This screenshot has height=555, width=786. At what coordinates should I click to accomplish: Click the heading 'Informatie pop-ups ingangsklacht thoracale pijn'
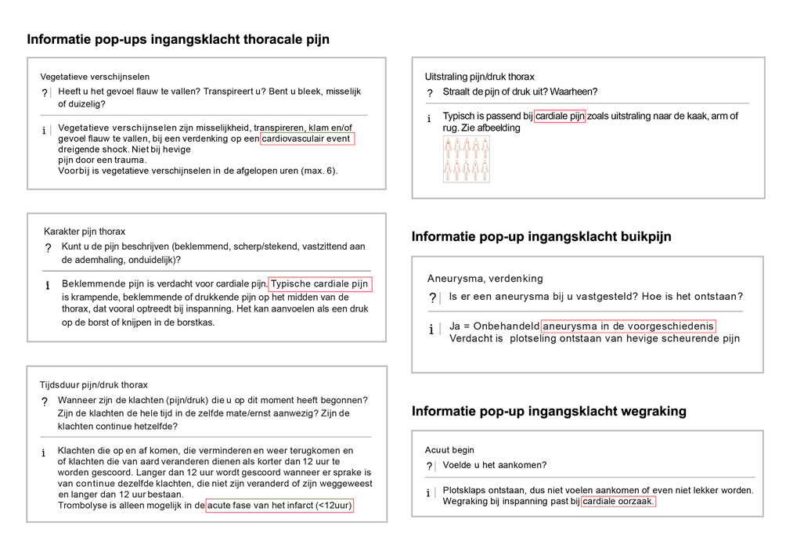tap(178, 39)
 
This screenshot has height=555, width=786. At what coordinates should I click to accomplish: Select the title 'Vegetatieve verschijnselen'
tap(95, 77)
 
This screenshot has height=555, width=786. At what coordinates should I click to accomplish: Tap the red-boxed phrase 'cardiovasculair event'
tap(307, 139)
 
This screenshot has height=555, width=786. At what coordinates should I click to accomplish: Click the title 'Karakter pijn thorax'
tap(85, 231)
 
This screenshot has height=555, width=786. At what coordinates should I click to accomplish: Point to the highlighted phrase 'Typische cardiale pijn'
tap(319, 283)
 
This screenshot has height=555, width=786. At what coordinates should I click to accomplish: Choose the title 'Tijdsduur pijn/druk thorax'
tap(94, 384)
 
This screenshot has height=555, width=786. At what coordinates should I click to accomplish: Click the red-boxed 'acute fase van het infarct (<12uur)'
tap(279, 506)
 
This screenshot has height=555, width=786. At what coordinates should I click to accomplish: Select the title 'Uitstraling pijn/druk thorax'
tap(480, 77)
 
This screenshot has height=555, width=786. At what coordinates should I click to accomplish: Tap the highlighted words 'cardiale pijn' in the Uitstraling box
tap(560, 116)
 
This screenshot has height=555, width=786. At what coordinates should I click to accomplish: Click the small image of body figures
tap(466, 159)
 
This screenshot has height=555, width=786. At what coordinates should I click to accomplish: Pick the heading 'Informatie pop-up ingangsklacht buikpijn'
tap(541, 236)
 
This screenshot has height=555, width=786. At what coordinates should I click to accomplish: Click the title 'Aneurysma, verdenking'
tap(485, 278)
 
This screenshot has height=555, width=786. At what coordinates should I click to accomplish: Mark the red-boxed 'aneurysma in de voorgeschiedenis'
tap(629, 326)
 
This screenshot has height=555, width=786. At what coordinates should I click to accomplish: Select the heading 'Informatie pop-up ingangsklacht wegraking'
tap(549, 411)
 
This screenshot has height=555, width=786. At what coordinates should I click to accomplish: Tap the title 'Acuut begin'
tap(449, 450)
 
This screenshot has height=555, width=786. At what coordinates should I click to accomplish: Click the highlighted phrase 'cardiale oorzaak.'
tap(618, 501)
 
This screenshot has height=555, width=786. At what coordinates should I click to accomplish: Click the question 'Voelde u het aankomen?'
tap(495, 465)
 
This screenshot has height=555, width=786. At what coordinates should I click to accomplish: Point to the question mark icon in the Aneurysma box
tap(432, 298)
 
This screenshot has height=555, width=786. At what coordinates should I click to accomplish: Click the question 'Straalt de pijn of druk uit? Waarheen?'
tap(520, 92)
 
